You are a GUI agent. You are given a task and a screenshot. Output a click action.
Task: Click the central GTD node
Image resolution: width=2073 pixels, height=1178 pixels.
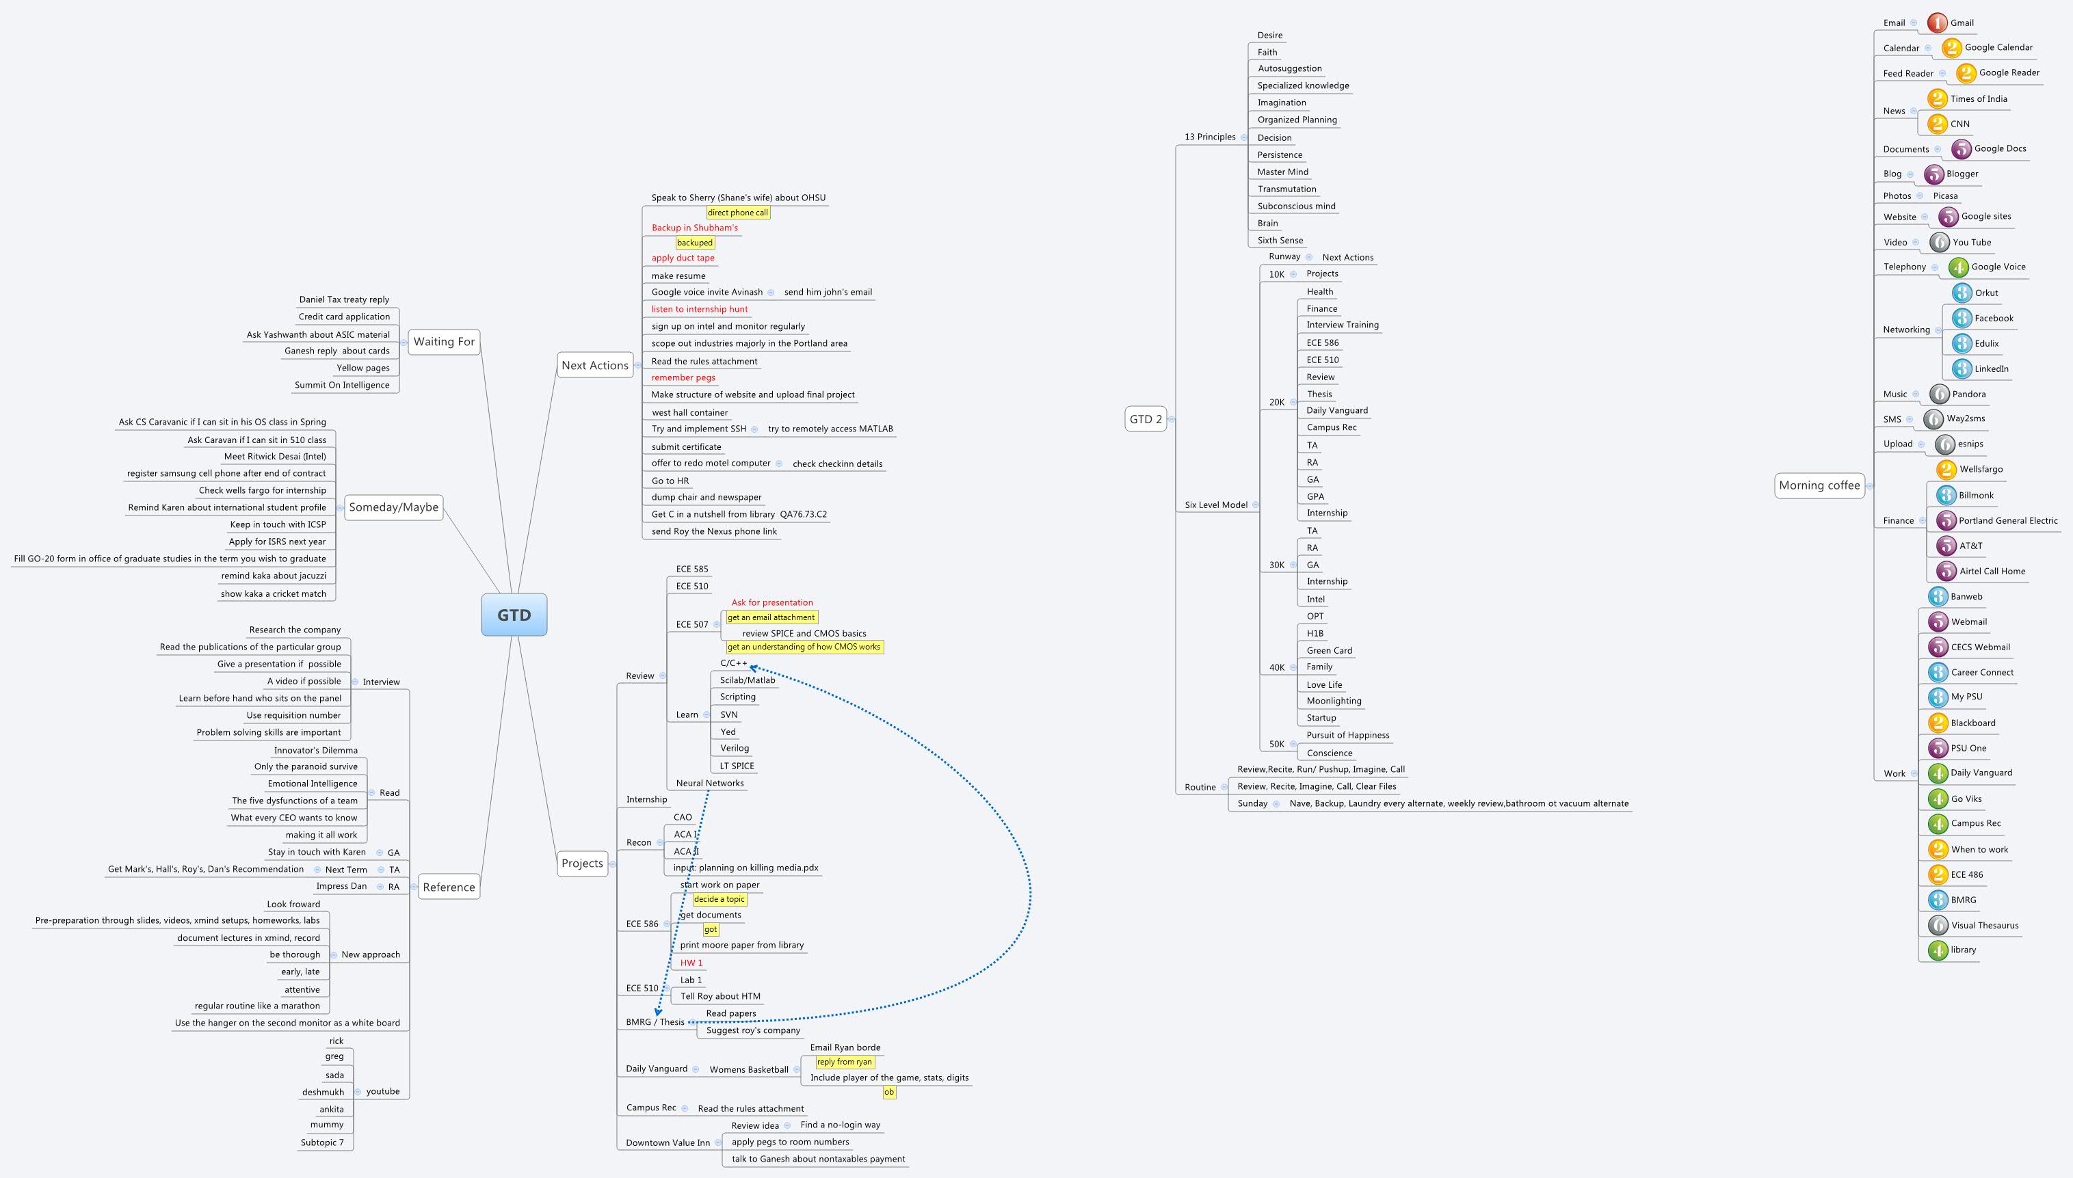tap(514, 615)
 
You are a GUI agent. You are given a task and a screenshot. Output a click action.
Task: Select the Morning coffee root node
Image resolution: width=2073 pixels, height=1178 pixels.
tap(1819, 485)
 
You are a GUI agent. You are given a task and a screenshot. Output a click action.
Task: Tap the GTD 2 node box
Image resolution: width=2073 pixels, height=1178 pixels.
tap(1146, 419)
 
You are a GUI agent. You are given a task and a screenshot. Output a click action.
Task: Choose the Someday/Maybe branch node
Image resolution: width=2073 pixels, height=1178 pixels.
tap(393, 507)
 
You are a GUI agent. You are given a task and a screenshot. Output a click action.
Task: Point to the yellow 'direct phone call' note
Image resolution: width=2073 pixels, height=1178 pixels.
tap(737, 213)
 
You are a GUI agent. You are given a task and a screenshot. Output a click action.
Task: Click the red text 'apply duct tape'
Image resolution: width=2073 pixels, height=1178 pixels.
tap(683, 258)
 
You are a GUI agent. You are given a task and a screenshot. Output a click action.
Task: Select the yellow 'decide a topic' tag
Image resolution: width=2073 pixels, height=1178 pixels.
tap(719, 900)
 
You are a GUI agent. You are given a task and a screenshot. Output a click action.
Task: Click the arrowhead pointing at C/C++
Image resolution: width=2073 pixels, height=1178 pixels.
tap(753, 667)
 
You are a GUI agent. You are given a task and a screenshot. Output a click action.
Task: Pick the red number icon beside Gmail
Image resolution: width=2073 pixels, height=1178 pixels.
tap(1936, 23)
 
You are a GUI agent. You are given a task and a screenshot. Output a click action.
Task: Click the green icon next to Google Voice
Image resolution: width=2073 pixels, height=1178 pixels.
tap(1958, 267)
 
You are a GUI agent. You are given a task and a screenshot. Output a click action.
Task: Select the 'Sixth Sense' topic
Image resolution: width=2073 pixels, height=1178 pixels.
tap(1280, 240)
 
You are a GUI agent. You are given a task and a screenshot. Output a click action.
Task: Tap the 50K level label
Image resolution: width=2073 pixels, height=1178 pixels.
tap(1276, 745)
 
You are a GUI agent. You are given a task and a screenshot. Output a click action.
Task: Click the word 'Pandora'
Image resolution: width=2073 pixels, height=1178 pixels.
tap(1968, 394)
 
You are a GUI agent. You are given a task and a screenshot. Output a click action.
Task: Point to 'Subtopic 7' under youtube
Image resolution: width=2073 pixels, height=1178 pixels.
tap(322, 1142)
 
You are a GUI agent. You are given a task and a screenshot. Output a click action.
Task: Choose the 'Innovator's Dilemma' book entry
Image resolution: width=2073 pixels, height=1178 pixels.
tap(315, 750)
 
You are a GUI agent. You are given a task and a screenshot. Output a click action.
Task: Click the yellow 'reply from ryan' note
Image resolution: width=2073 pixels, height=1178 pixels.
tap(844, 1062)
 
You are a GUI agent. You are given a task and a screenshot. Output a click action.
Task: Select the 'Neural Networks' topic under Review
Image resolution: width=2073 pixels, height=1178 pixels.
tap(710, 784)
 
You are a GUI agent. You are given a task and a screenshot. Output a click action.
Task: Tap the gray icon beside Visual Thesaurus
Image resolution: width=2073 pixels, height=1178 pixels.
tap(1938, 925)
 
